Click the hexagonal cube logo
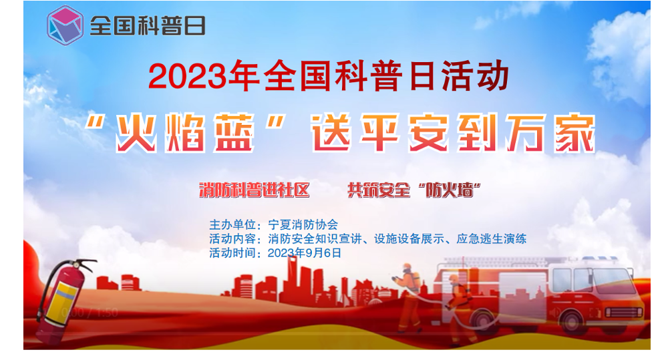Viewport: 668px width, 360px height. click(x=65, y=25)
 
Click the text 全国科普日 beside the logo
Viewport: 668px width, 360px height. click(x=148, y=26)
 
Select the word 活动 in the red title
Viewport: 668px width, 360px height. click(x=475, y=76)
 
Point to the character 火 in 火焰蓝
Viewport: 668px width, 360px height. click(x=136, y=133)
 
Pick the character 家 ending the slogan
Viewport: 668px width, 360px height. click(x=574, y=133)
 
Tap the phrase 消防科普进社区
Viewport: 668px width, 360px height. click(x=255, y=190)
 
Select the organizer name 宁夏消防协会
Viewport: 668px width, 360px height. click(x=303, y=224)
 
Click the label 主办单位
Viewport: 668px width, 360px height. click(x=232, y=224)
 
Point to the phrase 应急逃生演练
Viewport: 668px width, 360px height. click(x=491, y=238)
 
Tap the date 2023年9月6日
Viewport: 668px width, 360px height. click(x=305, y=253)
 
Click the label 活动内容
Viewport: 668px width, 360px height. click(x=232, y=238)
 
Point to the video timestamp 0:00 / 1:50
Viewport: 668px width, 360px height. click(x=90, y=313)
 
